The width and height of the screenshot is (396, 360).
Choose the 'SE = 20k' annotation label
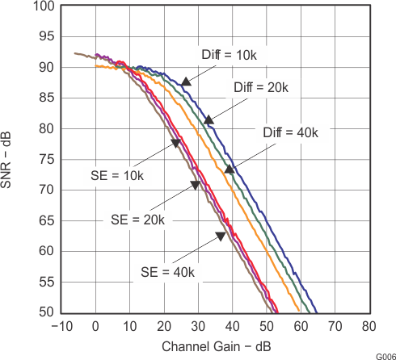[137, 220]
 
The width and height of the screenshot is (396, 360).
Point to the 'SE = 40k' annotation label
[167, 271]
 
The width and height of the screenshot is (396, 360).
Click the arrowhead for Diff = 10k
[186, 81]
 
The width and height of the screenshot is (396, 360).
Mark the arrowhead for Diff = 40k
[230, 170]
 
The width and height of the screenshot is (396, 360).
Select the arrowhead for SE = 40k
[220, 236]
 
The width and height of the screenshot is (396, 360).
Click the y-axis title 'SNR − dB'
[11, 158]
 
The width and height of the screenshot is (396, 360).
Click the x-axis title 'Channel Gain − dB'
[215, 347]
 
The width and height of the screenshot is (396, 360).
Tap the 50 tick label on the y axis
[48, 312]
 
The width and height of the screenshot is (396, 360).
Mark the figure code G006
[385, 355]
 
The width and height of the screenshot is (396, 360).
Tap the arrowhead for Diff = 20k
[208, 120]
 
